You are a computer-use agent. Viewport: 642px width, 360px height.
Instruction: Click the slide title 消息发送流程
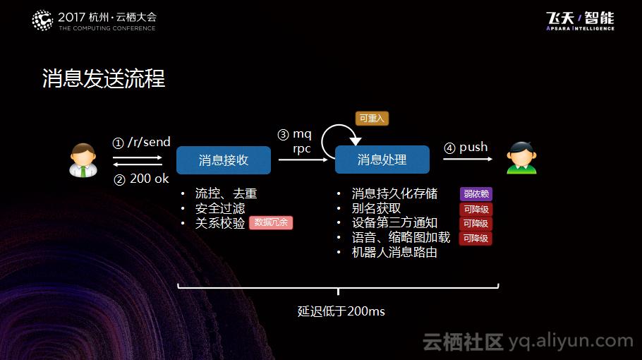click(x=104, y=78)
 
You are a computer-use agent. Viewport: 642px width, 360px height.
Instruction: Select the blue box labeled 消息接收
click(x=223, y=160)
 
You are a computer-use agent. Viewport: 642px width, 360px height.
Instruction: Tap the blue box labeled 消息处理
click(x=382, y=160)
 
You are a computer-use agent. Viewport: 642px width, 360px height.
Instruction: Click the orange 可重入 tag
click(x=372, y=119)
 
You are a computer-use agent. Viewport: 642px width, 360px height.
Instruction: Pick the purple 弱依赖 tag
click(x=476, y=194)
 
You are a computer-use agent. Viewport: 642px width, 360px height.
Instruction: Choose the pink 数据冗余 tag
click(x=271, y=222)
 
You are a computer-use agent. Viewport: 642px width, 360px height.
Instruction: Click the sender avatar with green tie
click(x=83, y=160)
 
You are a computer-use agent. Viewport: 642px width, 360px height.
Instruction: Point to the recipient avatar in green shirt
click(x=521, y=158)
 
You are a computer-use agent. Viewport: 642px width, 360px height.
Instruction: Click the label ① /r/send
click(x=142, y=142)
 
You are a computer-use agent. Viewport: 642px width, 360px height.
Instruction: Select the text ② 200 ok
click(x=141, y=179)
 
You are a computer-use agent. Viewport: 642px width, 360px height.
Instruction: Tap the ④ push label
click(x=466, y=148)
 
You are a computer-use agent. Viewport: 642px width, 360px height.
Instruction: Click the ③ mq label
click(x=295, y=134)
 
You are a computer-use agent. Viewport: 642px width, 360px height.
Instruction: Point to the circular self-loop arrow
click(x=337, y=140)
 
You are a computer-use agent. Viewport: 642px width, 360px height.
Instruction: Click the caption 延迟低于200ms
click(x=341, y=311)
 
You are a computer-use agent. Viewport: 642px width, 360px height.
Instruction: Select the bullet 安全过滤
click(x=220, y=208)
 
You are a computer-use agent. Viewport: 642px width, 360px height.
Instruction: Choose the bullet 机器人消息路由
click(x=394, y=252)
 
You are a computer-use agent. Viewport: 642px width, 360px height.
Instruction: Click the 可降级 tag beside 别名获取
click(x=476, y=209)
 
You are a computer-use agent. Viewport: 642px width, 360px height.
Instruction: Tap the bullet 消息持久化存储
click(x=394, y=193)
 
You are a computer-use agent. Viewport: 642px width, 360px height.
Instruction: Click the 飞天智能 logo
click(x=579, y=20)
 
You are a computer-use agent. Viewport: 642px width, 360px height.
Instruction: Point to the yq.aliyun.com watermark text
click(x=571, y=342)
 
